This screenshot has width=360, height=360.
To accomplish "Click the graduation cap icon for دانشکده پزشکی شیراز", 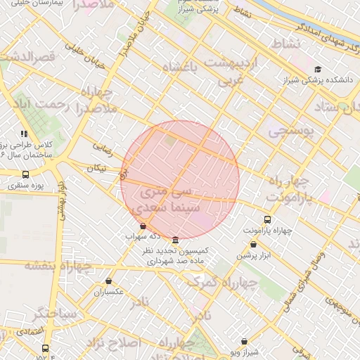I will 319,69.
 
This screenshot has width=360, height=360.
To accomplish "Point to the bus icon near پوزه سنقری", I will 26,174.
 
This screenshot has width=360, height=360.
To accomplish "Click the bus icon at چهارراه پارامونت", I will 267,219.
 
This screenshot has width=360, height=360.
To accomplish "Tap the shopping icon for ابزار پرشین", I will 253,245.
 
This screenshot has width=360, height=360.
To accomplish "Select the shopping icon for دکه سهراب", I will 143,226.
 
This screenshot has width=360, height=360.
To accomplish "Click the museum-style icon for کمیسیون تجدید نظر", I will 174,240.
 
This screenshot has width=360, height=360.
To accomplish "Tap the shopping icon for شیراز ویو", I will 244,341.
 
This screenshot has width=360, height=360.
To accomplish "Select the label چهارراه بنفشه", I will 58,266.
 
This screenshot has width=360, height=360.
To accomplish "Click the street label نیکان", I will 97,168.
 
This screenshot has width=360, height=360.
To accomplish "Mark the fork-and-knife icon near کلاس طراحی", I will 24,133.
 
